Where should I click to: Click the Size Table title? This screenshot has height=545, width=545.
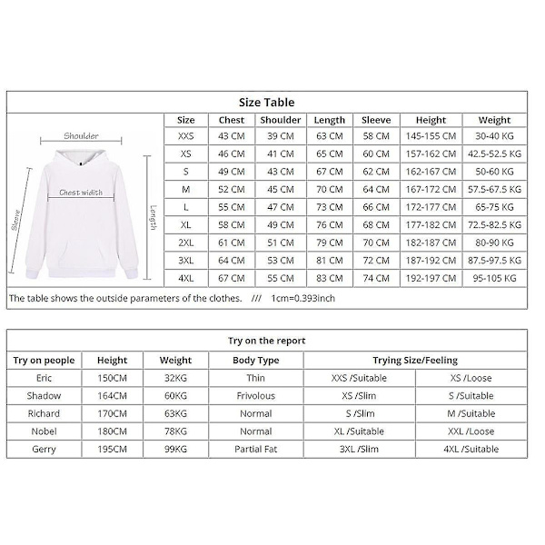[266, 103]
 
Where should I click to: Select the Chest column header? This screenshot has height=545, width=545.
[232, 120]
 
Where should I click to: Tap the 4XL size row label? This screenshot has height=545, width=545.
[185, 278]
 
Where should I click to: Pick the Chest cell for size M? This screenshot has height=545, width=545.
[232, 189]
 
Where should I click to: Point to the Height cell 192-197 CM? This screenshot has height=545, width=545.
[431, 278]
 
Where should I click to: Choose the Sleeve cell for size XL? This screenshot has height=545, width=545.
[375, 224]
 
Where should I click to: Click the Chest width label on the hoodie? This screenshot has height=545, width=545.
[81, 193]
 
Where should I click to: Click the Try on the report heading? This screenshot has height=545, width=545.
[266, 341]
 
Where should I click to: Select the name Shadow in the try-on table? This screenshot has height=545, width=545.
[44, 396]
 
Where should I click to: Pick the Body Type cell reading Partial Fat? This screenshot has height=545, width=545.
[256, 450]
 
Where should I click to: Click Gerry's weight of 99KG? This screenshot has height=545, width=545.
[176, 450]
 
